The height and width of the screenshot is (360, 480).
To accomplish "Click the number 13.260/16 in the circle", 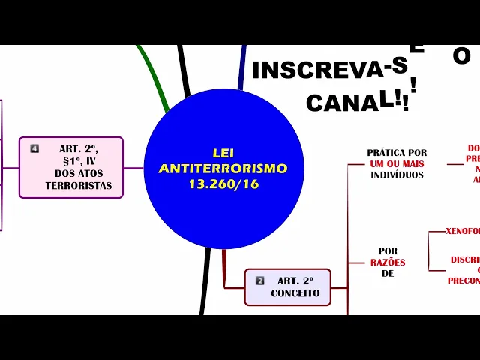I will point(223,184).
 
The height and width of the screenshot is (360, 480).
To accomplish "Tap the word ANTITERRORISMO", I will point(223,169).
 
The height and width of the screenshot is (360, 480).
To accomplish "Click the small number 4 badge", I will point(34,148).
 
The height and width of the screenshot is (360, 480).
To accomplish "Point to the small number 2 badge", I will point(260,280).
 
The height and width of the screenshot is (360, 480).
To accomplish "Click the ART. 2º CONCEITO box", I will point(287,286).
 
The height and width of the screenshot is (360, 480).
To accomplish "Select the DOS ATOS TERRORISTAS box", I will point(71,167).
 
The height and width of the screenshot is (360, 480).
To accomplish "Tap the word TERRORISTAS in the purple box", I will point(79,185).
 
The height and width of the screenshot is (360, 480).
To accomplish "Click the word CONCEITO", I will point(295,293).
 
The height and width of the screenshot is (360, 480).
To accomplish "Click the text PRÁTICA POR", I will point(397,153).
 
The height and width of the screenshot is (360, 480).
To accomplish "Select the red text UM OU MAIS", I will point(397,163).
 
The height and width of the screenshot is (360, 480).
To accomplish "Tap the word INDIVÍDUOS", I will point(397,175).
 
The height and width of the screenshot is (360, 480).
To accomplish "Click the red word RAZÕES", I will point(388,262).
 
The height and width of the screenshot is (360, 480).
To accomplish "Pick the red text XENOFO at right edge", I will point(462,231).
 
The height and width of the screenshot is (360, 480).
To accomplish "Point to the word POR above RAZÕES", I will point(388,251).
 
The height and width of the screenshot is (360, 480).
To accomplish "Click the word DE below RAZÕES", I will point(388,274).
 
